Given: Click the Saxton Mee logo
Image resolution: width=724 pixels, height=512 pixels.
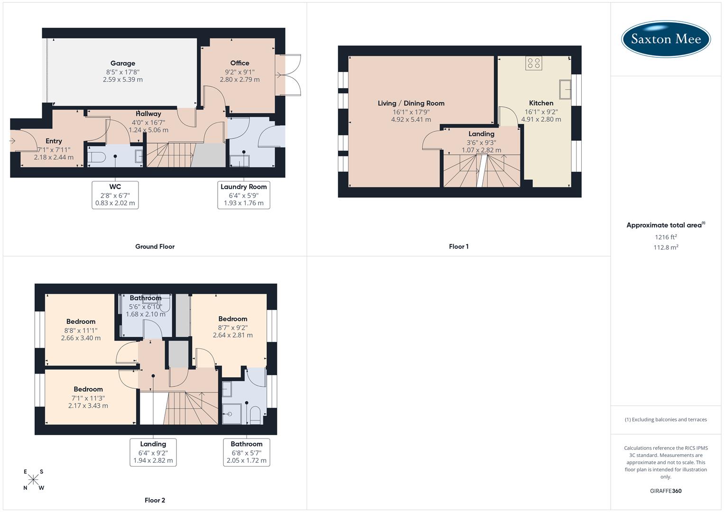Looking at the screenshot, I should click(x=666, y=39).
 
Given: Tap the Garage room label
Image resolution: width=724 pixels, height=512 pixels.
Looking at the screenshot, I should click(x=123, y=63).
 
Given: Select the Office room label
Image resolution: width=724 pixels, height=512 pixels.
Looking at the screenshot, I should click(x=239, y=63).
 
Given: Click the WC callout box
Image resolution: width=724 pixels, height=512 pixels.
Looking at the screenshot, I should click(x=115, y=195).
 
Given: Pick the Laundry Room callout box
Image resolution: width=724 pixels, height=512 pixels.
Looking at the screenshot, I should click(x=244, y=195).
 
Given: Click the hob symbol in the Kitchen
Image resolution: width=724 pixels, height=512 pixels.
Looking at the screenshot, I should click(x=534, y=63).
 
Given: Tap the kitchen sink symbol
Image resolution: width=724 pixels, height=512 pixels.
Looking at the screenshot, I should click(x=565, y=89).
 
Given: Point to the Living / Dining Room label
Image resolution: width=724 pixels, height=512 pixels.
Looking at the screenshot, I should click(x=411, y=103).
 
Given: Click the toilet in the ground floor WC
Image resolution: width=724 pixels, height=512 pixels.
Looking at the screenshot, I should click(x=97, y=157).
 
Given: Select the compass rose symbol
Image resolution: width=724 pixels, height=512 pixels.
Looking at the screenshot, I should click(x=33, y=480).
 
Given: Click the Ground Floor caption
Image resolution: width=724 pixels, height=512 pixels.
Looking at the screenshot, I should click(x=155, y=247).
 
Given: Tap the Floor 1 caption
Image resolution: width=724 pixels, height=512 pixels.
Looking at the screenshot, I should click(x=458, y=247).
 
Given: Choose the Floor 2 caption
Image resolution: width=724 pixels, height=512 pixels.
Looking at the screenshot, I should click(x=155, y=500).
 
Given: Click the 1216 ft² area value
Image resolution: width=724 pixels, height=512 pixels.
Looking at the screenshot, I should click(x=666, y=237).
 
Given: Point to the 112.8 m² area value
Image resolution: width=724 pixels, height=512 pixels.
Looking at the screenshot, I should click(x=666, y=247).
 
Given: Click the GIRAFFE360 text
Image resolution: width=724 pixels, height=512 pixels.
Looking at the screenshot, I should click(x=666, y=491).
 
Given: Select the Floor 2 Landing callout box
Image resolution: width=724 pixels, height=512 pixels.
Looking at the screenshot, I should click(x=153, y=452).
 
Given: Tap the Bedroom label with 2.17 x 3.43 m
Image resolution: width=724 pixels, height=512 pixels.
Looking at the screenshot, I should click(x=88, y=389).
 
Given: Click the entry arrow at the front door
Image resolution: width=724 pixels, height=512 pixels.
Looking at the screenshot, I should click(x=12, y=141).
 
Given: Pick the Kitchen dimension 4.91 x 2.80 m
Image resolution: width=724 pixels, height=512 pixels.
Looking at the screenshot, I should click(x=541, y=119).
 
